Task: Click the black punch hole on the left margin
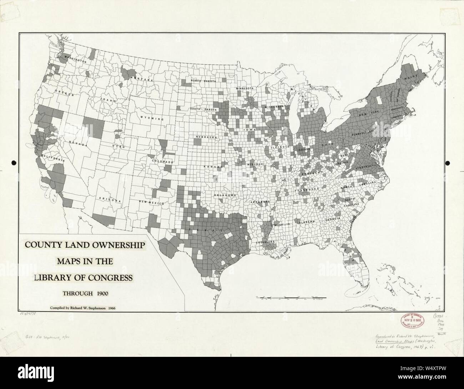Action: point(14,163)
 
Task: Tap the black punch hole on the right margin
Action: point(448,163)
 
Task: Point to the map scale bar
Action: point(286,297)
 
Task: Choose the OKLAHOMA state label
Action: point(226,195)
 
